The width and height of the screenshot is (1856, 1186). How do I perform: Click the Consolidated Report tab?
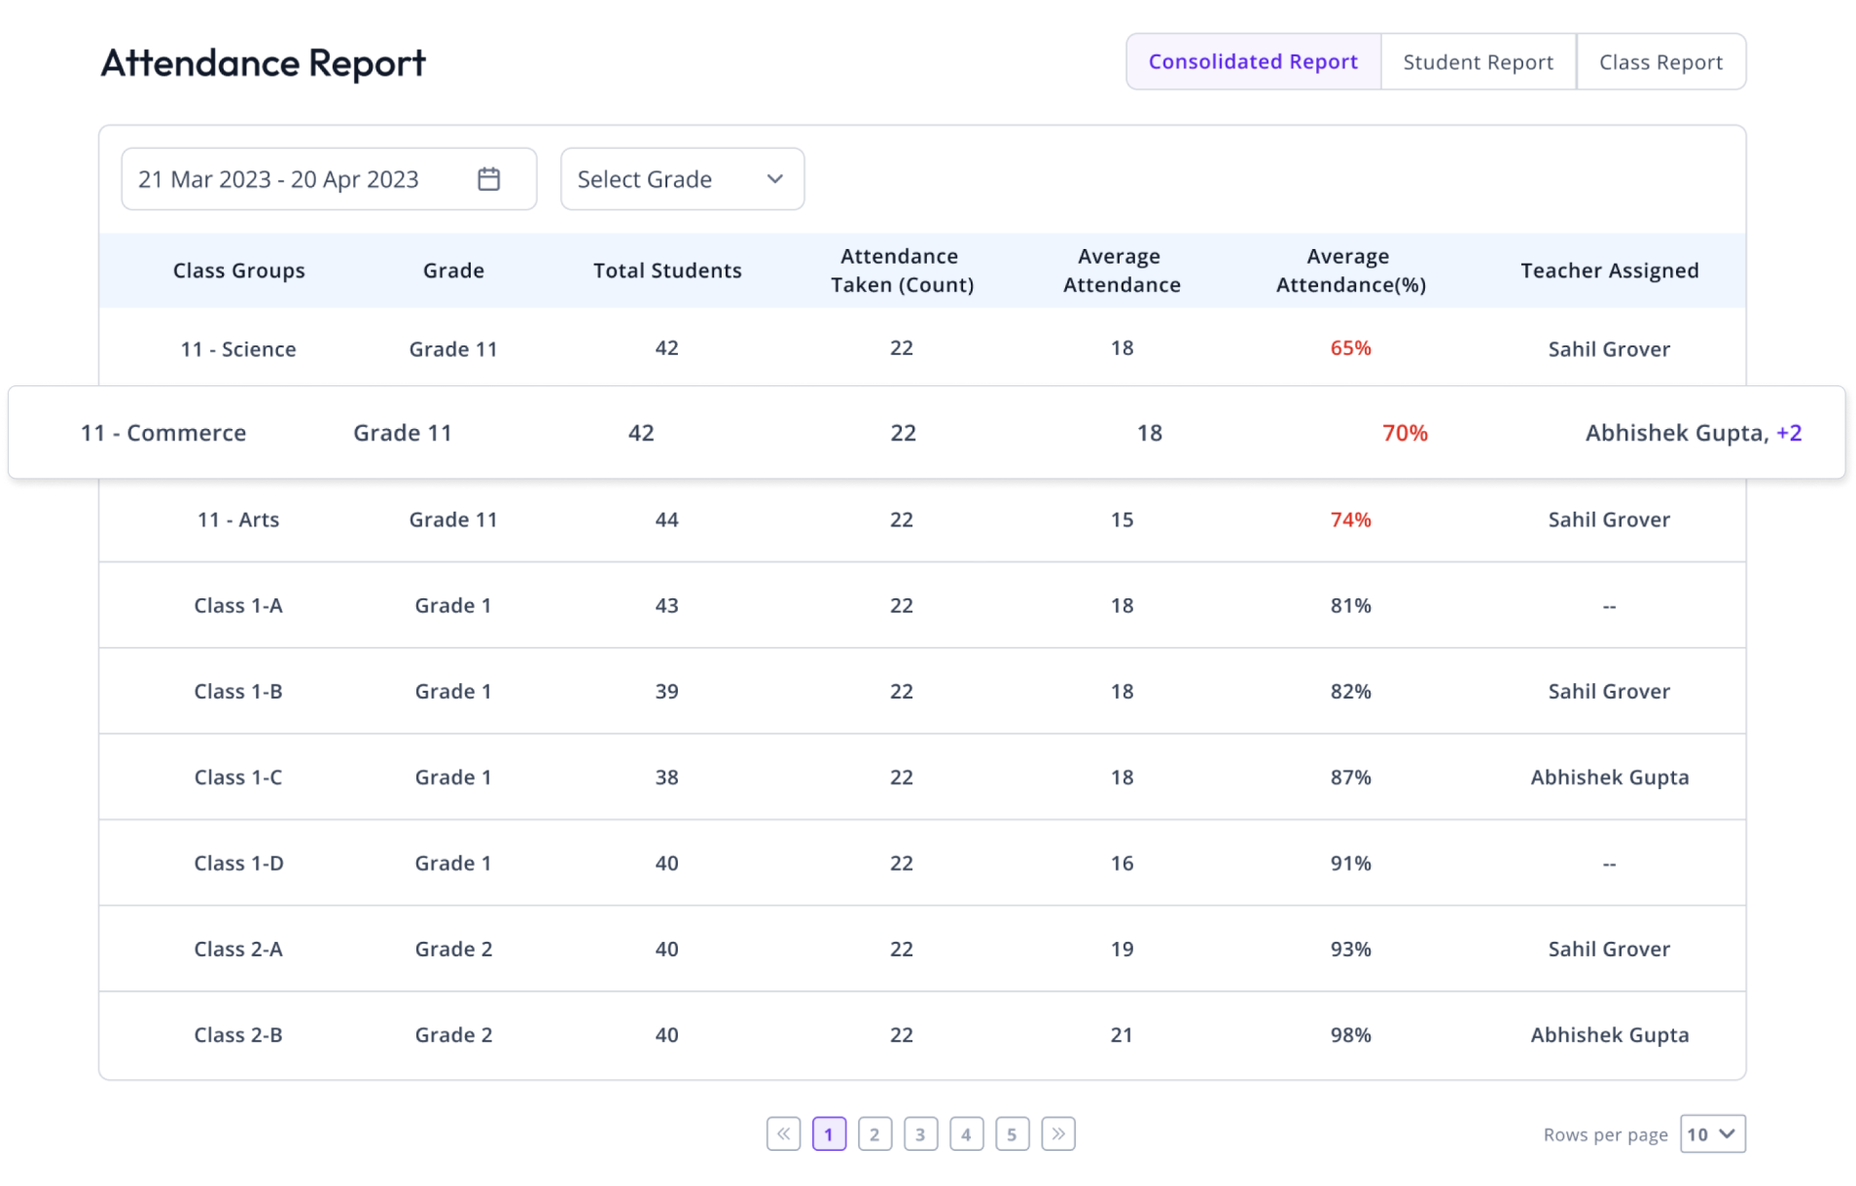click(x=1253, y=62)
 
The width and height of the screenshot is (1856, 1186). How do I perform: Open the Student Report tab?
click(x=1478, y=62)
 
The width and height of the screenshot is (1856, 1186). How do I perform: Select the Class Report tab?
click(x=1660, y=62)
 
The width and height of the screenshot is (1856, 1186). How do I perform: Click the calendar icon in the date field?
click(x=488, y=179)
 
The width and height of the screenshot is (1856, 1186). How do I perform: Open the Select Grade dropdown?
click(x=682, y=179)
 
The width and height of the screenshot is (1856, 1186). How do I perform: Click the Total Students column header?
click(x=667, y=270)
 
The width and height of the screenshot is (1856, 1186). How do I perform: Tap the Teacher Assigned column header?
click(x=1609, y=270)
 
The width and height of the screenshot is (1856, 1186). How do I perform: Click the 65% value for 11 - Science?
click(x=1350, y=348)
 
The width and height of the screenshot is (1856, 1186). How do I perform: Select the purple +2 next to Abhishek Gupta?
click(x=1789, y=433)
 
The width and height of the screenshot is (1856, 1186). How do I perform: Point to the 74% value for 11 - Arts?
click(x=1350, y=520)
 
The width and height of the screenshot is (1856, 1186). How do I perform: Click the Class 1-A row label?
click(x=238, y=605)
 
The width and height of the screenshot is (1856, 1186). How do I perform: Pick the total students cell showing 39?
click(x=666, y=691)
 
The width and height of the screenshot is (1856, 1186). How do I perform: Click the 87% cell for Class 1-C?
click(x=1350, y=777)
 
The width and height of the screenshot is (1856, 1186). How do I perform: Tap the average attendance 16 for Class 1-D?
click(x=1122, y=863)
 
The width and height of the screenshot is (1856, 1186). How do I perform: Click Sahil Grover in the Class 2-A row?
click(x=1609, y=949)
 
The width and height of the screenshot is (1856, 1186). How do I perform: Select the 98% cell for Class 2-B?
click(x=1350, y=1034)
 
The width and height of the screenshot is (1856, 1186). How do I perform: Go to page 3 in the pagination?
click(x=920, y=1134)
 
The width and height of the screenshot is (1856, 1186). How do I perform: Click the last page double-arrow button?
click(x=1057, y=1134)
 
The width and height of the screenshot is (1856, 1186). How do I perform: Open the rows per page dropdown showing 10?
click(x=1712, y=1134)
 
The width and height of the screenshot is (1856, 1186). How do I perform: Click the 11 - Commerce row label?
click(x=163, y=433)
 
